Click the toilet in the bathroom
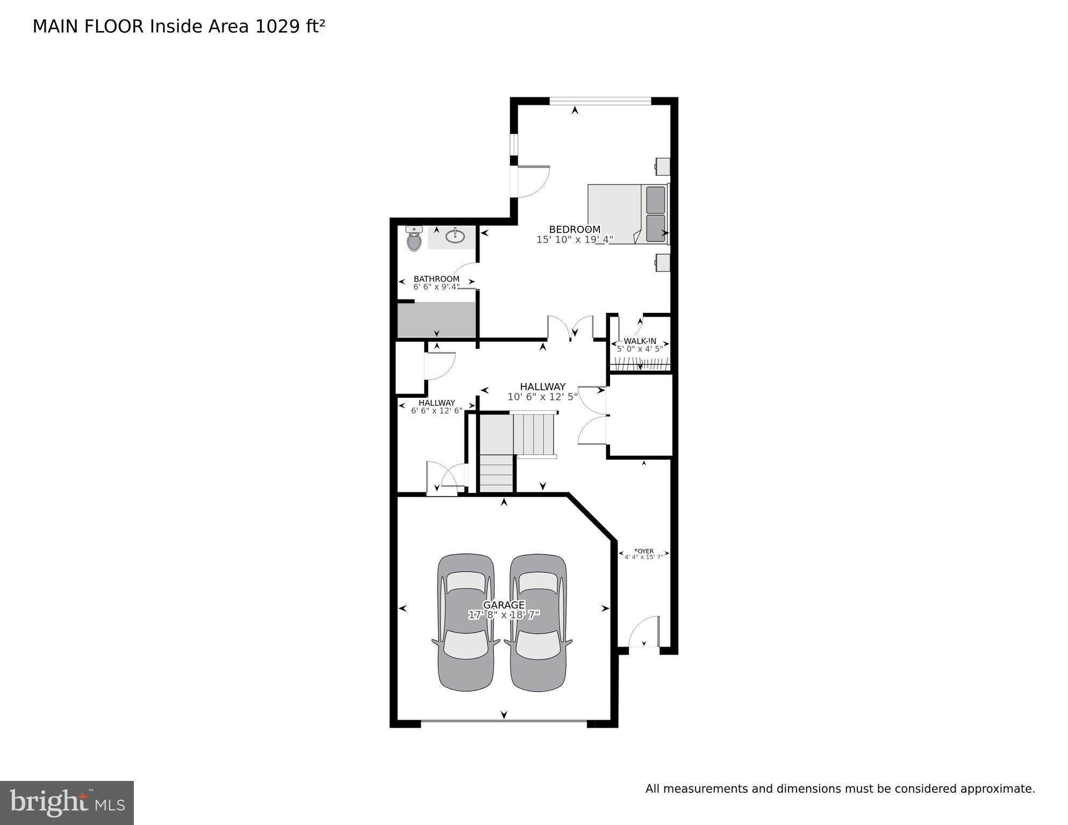pyautogui.click(x=414, y=239)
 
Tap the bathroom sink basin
pyautogui.click(x=455, y=235)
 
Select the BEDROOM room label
pyautogui.click(x=575, y=229)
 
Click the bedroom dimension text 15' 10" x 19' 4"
pyautogui.click(x=575, y=240)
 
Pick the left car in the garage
pyautogui.click(x=466, y=622)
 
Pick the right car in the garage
pyautogui.click(x=539, y=622)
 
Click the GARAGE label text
pyautogui.click(x=504, y=605)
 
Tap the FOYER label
pyautogui.click(x=644, y=551)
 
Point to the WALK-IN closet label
pyautogui.click(x=640, y=341)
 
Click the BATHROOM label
pyautogui.click(x=436, y=279)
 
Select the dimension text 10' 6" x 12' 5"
pyautogui.click(x=543, y=397)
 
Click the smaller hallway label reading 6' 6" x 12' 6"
pyautogui.click(x=436, y=411)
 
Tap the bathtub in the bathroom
pyautogui.click(x=436, y=319)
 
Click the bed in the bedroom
pyautogui.click(x=626, y=214)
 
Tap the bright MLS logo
pyautogui.click(x=67, y=803)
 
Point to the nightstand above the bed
pyautogui.click(x=663, y=167)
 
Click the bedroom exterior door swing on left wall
pyautogui.click(x=533, y=181)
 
